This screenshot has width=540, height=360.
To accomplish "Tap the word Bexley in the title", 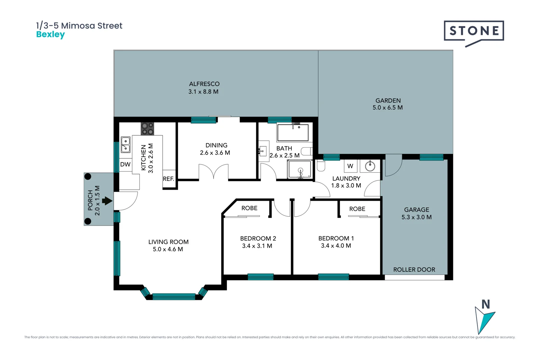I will coord(50,34).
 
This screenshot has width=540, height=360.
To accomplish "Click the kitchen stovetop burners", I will coord(147,129).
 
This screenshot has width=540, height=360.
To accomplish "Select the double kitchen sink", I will coord(125,145).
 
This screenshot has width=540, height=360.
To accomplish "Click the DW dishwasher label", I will coord(125,164).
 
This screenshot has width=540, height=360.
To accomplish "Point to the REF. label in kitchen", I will coord(168,179).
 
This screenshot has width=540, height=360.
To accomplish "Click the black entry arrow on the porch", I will coord(107,201).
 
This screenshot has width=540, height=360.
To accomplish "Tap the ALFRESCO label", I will coord(204,84).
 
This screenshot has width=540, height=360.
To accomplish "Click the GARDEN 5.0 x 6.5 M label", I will coord(388,104).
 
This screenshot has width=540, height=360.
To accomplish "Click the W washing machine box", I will coord(350,166).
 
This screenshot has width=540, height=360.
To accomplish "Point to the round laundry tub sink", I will coord(370,166).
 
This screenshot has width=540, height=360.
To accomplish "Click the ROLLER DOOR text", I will coord(414,270).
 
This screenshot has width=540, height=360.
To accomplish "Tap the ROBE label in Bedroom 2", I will coord(249,208).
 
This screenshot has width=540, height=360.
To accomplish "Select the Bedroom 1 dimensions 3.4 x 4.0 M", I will coord(336,246).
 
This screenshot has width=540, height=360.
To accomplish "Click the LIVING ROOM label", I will coord(168,242).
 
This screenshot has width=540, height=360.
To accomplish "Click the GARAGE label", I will coord(416,210).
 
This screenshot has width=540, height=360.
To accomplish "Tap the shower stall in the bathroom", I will coord(300,169).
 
